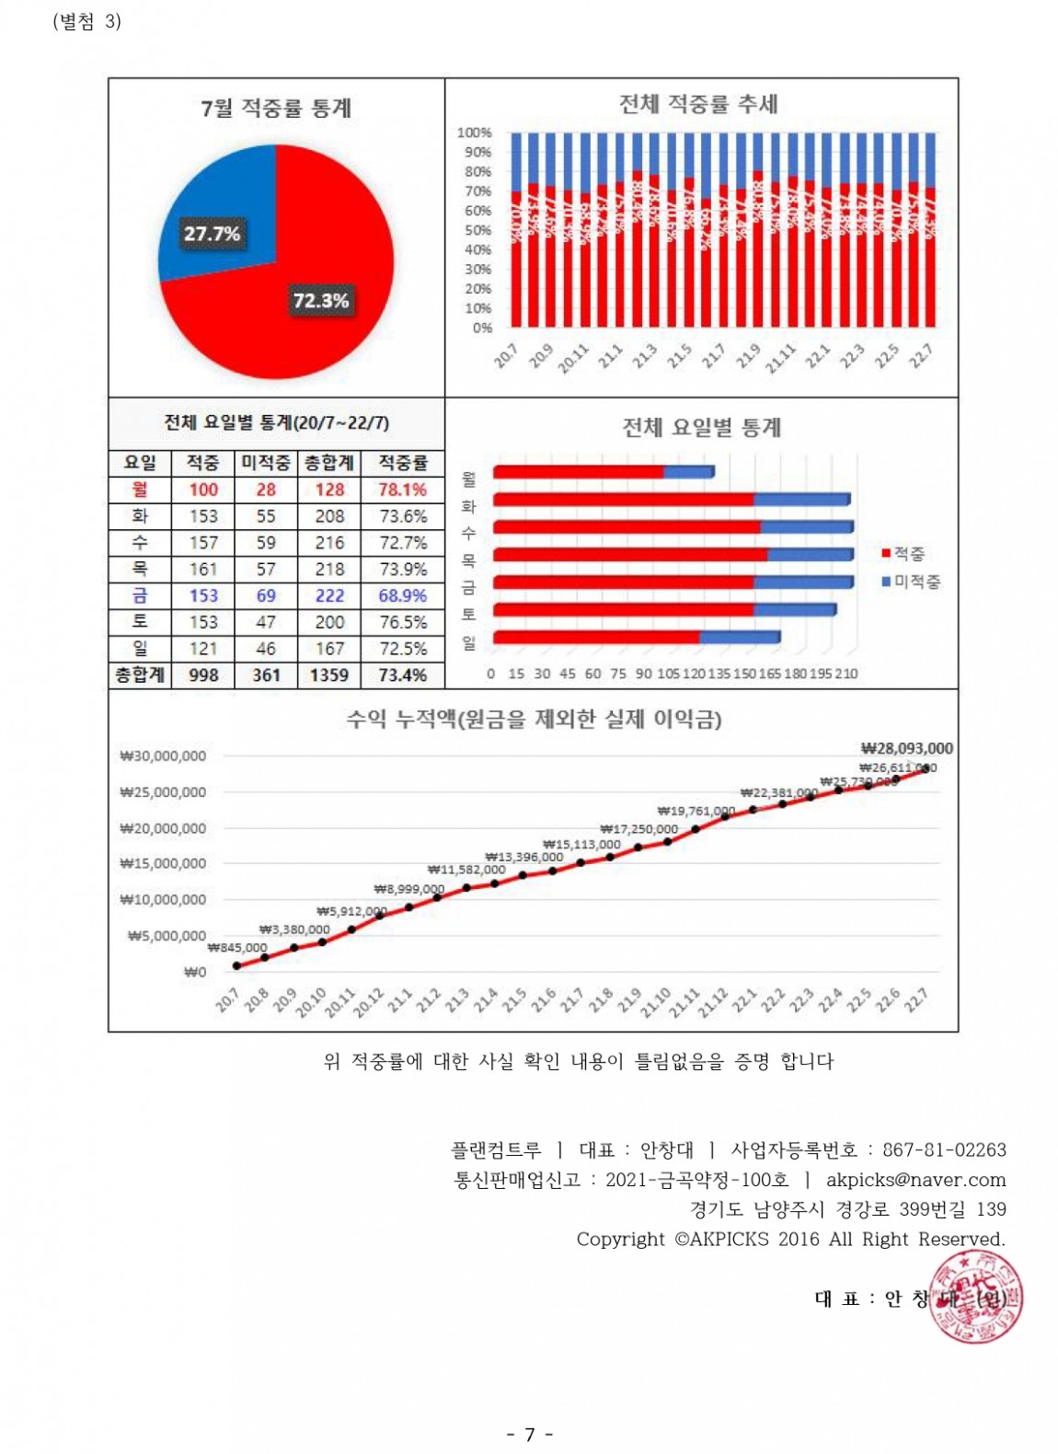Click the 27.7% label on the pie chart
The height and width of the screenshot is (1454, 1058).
[x=212, y=234]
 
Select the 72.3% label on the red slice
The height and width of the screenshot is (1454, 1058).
[x=321, y=301]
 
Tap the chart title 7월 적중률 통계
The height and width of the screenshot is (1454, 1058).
[x=276, y=109]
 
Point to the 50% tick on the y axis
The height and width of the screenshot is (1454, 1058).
[x=477, y=230]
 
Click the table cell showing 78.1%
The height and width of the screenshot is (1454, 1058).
[x=402, y=490]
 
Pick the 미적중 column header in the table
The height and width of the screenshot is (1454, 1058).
[x=266, y=463]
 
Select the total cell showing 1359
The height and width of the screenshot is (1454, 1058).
[x=328, y=675]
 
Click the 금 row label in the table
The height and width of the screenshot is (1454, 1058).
[x=140, y=595]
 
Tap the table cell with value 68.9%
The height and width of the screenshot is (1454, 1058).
[x=402, y=595]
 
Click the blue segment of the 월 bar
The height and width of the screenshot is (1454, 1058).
[x=688, y=472]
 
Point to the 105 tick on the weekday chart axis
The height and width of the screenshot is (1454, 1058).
[x=669, y=674]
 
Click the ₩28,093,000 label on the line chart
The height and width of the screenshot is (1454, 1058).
[x=906, y=748]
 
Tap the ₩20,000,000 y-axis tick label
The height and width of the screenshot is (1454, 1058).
[x=163, y=828]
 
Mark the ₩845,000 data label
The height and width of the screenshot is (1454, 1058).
[x=237, y=947]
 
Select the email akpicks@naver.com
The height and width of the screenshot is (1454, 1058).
[x=915, y=1180]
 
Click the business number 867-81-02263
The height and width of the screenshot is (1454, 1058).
[x=944, y=1149]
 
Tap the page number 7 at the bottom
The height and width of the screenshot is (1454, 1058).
[x=529, y=1434]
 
